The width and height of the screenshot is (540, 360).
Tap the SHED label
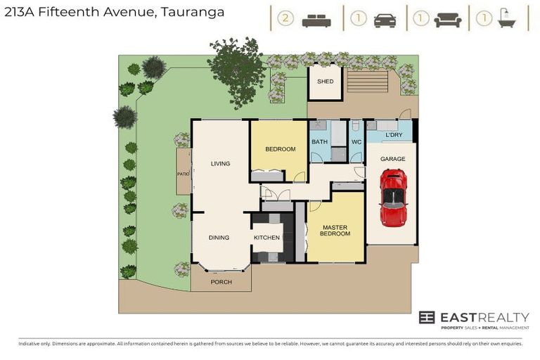tap(325, 82)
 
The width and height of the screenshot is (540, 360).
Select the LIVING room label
tap(220, 164)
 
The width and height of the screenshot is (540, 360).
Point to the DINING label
tap(219, 238)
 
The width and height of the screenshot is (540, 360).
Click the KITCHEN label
tap(266, 238)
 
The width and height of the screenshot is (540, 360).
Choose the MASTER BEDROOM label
tap(335, 231)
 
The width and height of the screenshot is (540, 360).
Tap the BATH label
tap(319, 141)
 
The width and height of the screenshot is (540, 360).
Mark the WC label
tap(356, 141)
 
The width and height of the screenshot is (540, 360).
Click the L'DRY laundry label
tap(393, 134)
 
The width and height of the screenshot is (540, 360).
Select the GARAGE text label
tap(392, 159)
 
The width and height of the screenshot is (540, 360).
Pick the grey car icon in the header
tap(385, 20)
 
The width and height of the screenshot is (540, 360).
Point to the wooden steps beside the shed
tap(367, 81)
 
